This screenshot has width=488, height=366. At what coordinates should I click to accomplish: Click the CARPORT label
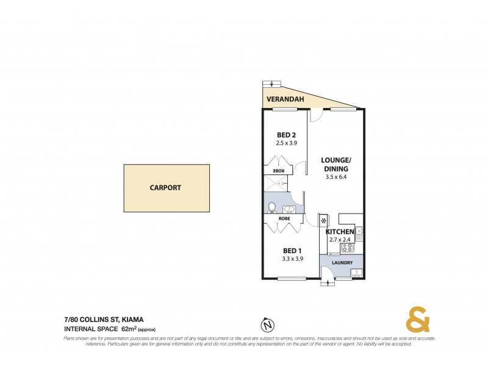[x=165, y=188]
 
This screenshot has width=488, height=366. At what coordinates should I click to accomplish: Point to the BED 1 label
[x=292, y=251]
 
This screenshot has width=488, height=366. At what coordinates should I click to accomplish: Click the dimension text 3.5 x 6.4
[x=336, y=178]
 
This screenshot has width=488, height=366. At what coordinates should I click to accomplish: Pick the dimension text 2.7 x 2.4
[x=339, y=240]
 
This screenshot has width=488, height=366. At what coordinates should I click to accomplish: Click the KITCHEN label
[x=340, y=232]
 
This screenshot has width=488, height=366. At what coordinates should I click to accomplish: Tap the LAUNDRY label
[x=342, y=263]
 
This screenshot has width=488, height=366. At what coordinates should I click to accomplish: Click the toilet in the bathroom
[x=272, y=207]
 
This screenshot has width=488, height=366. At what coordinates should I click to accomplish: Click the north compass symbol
[x=266, y=323]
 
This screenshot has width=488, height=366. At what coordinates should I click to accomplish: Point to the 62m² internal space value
[x=129, y=329]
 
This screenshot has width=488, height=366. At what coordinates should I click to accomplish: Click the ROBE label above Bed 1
[x=284, y=218]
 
